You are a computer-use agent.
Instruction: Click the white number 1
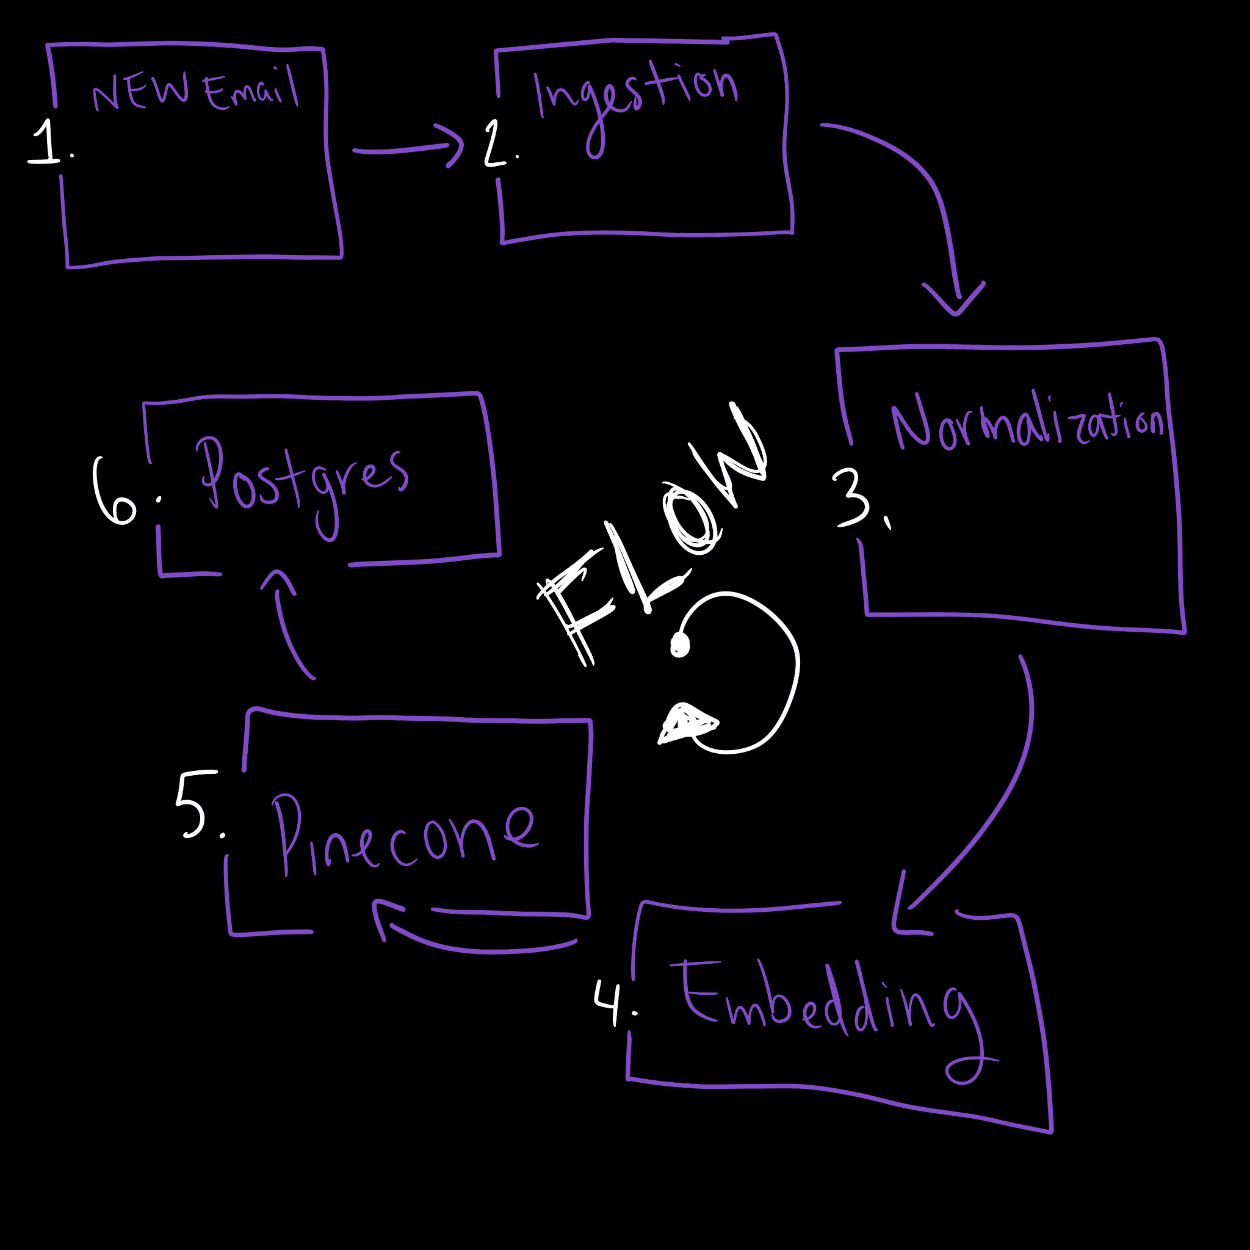tap(46, 142)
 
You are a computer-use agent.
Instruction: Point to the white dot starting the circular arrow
tap(680, 645)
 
